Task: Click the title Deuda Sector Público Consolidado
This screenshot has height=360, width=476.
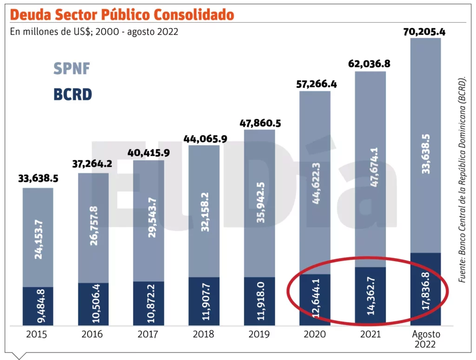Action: pyautogui.click(x=122, y=14)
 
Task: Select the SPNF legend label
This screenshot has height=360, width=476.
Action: pyautogui.click(x=71, y=69)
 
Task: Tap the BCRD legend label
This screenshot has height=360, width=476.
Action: pyautogui.click(x=73, y=94)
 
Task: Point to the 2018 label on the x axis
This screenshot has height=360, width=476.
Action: pyautogui.click(x=204, y=334)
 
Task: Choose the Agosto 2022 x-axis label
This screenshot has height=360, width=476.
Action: pyautogui.click(x=426, y=339)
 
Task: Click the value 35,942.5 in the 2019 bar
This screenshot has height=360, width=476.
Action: pyautogui.click(x=260, y=203)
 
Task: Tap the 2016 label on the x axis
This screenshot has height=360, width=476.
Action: pyautogui.click(x=92, y=334)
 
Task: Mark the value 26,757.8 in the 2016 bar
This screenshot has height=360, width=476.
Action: pyautogui.click(x=93, y=228)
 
